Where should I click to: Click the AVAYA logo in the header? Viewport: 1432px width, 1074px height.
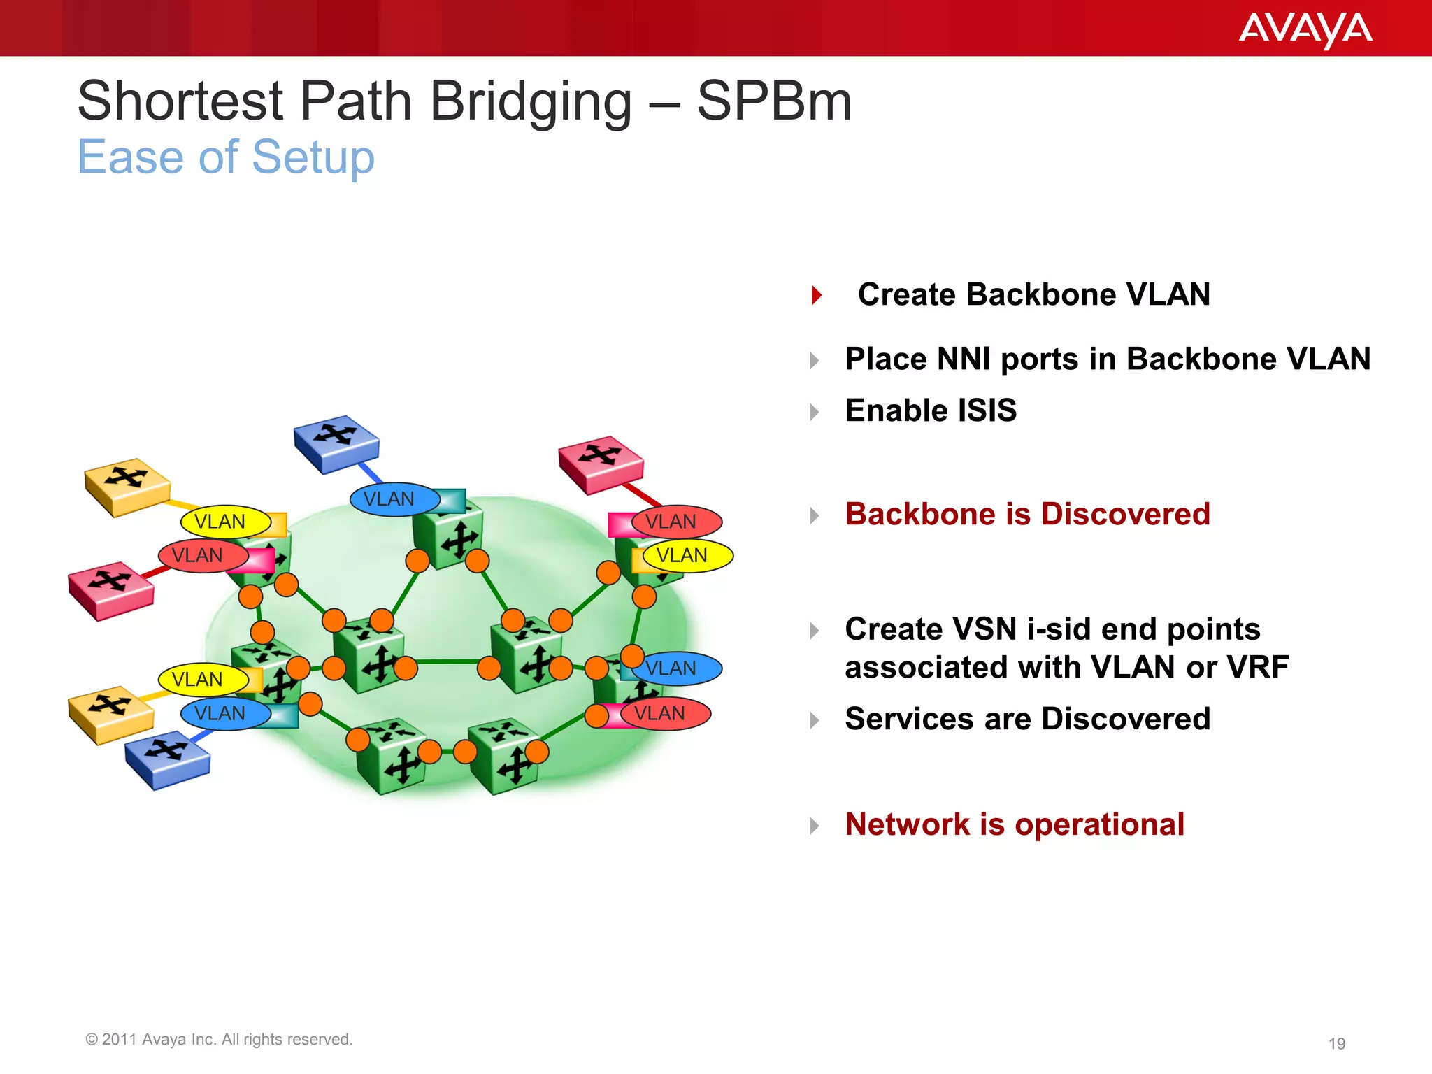(1305, 30)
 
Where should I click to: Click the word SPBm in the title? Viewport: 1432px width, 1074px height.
(774, 101)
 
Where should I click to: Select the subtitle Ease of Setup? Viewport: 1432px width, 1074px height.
(226, 157)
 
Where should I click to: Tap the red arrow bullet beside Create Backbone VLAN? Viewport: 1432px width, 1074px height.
(816, 295)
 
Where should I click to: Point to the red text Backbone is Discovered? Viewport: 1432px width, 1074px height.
(1026, 514)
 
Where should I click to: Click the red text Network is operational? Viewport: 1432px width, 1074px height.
(1014, 824)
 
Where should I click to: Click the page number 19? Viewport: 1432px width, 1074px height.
(1336, 1044)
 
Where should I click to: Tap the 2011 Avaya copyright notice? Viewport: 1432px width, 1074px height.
(219, 1040)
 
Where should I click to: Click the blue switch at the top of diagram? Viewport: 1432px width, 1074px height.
(336, 442)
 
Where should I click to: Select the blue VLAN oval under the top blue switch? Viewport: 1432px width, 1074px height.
(393, 499)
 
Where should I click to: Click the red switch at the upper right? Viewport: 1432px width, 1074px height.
(601, 464)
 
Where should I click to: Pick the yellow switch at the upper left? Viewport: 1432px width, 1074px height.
(127, 486)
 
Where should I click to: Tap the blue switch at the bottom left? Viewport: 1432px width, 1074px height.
(167, 759)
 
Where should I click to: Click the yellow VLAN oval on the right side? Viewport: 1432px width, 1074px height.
(687, 556)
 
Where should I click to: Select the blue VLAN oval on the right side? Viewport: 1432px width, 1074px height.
(675, 668)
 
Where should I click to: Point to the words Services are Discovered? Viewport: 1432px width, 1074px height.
(1026, 719)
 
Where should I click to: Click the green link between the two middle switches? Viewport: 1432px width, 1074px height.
(447, 661)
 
